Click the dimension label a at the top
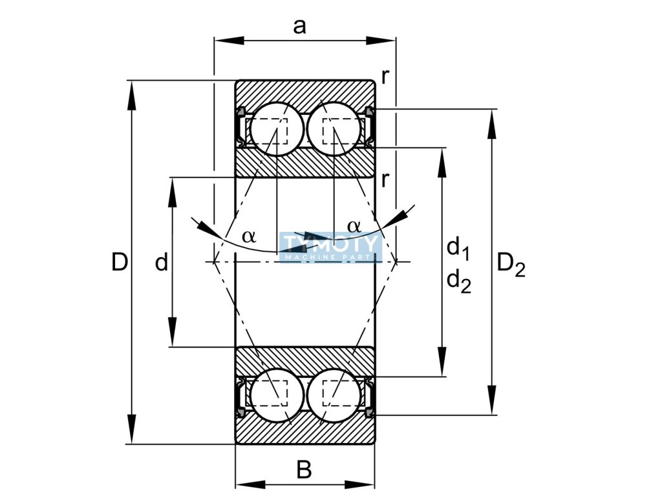tap(299, 26)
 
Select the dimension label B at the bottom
tap(304, 470)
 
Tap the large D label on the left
tap(119, 262)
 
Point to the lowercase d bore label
tap(162, 262)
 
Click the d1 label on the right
tap(458, 247)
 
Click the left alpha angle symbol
tap(249, 236)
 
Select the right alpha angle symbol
tap(354, 226)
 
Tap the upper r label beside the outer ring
tap(385, 76)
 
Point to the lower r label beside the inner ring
tap(385, 178)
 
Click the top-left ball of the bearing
tap(277, 129)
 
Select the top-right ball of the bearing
tap(333, 129)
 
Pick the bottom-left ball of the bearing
tap(277, 395)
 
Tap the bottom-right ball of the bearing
tap(333, 395)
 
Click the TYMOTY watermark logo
tap(330, 247)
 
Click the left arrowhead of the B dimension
tap(246, 484)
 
